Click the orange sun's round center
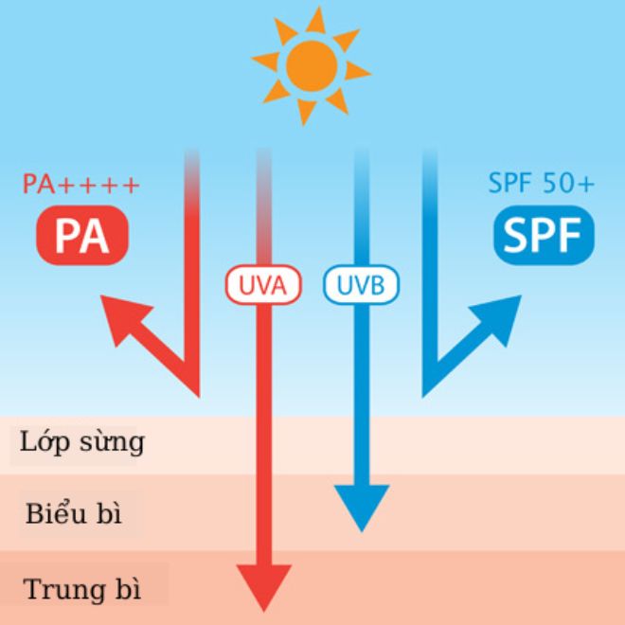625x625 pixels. point(311,64)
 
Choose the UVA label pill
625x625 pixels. point(262,284)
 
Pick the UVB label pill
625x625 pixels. point(361,284)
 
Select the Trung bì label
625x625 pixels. point(82,589)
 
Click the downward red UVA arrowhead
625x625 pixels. point(263,587)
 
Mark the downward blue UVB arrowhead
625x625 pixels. point(361,507)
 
